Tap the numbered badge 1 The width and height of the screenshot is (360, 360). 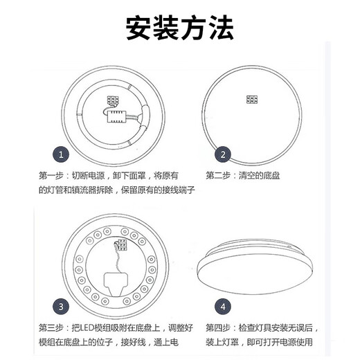coord(62,154)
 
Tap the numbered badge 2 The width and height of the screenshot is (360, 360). coord(223,154)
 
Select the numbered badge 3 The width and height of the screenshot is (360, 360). coord(62,305)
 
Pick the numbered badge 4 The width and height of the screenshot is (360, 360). coord(223,305)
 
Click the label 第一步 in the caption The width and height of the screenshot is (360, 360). coord(51,175)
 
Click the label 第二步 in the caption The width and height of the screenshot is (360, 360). coord(218,175)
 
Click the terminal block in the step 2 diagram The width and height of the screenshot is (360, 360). coord(252,100)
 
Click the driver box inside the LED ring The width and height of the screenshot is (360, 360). coord(116,280)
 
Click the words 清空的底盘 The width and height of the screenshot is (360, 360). coord(256,175)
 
